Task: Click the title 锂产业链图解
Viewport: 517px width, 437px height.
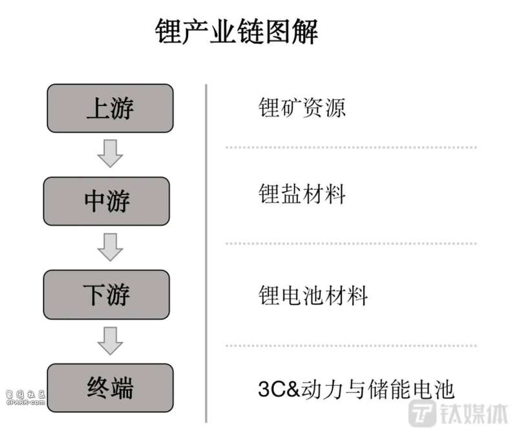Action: click(x=237, y=31)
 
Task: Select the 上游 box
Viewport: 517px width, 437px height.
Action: click(x=110, y=108)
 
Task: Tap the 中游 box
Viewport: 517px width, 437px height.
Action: click(x=107, y=201)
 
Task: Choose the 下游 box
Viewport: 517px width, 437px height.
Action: click(x=107, y=295)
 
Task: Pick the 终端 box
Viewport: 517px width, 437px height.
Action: click(x=110, y=388)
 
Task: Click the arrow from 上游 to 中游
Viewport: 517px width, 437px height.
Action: click(x=110, y=153)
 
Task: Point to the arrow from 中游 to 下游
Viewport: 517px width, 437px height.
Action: click(x=110, y=247)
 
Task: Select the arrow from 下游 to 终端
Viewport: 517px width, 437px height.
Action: click(x=110, y=341)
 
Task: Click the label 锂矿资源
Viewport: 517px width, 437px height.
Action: click(x=302, y=107)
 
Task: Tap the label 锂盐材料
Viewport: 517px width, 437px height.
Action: click(x=302, y=193)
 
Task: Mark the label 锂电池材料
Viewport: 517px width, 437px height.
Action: click(x=313, y=295)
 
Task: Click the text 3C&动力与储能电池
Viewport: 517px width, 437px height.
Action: click(x=356, y=389)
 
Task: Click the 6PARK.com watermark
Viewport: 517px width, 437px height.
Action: click(x=25, y=398)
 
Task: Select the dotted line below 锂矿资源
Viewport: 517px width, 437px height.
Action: click(x=351, y=147)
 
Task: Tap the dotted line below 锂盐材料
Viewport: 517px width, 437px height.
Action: click(x=351, y=244)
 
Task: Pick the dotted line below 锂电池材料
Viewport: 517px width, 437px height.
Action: click(x=351, y=346)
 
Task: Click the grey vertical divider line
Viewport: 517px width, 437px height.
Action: click(x=206, y=253)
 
